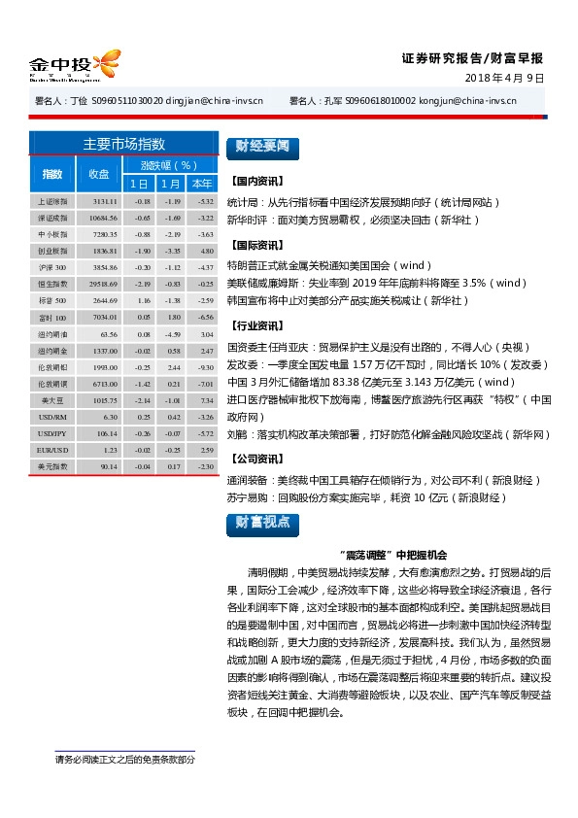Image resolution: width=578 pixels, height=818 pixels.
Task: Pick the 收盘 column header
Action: [99, 174]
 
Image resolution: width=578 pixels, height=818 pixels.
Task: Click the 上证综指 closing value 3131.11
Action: [105, 201]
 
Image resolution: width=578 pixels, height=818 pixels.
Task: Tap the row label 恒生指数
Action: [51, 284]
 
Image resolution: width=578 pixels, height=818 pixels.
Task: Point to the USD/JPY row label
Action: [51, 433]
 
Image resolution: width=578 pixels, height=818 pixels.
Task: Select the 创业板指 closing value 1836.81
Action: [105, 251]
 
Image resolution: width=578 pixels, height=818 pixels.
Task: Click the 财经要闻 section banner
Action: [258, 147]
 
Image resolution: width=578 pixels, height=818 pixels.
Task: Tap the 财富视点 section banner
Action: [258, 523]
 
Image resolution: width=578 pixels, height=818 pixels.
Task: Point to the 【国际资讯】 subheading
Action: [257, 247]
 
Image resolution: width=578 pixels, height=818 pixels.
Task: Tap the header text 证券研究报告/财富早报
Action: [472, 57]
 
